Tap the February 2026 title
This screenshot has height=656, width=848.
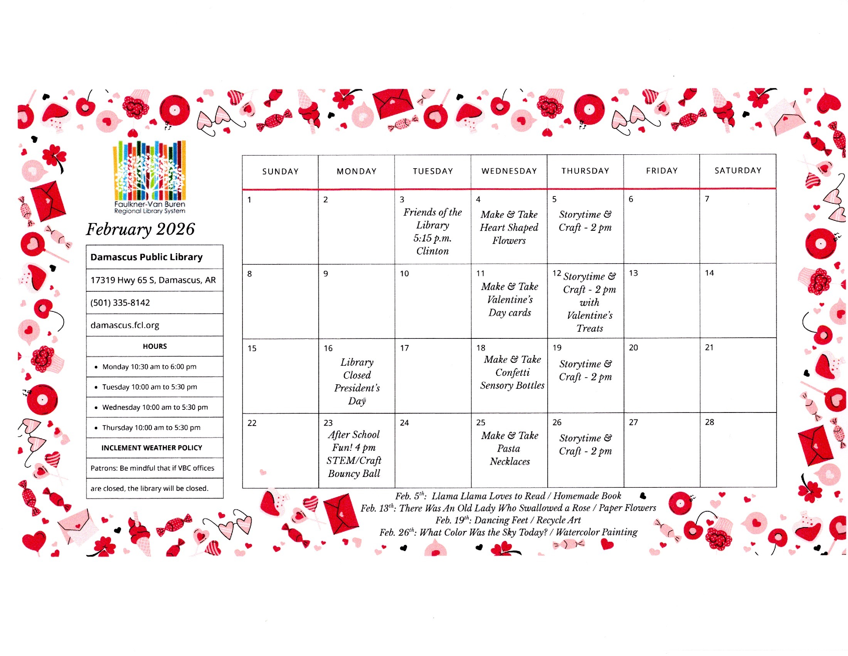pyautogui.click(x=140, y=229)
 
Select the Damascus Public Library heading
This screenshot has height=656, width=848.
pyautogui.click(x=146, y=257)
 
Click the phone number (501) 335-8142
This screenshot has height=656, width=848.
pyautogui.click(x=120, y=303)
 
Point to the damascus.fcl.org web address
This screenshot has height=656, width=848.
pyautogui.click(x=125, y=325)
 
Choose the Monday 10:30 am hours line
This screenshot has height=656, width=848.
pyautogui.click(x=149, y=367)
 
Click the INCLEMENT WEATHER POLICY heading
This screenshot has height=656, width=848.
pyautogui.click(x=151, y=448)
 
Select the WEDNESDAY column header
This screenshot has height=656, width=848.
pyautogui.click(x=509, y=171)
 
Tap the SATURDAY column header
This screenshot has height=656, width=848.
pyautogui.click(x=738, y=171)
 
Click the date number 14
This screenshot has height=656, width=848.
pyautogui.click(x=709, y=273)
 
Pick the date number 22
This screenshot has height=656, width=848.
pyautogui.click(x=252, y=423)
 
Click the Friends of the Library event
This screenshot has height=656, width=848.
pyautogui.click(x=432, y=232)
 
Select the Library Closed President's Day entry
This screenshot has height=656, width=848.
pyautogui.click(x=357, y=381)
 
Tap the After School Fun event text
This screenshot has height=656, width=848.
pyautogui.click(x=354, y=454)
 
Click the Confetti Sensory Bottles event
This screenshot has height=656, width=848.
pyautogui.click(x=512, y=372)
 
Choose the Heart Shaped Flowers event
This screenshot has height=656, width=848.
pyautogui.click(x=509, y=227)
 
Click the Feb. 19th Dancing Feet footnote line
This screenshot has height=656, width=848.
pyautogui.click(x=508, y=520)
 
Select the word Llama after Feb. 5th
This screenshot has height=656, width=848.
pyautogui.click(x=445, y=496)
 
